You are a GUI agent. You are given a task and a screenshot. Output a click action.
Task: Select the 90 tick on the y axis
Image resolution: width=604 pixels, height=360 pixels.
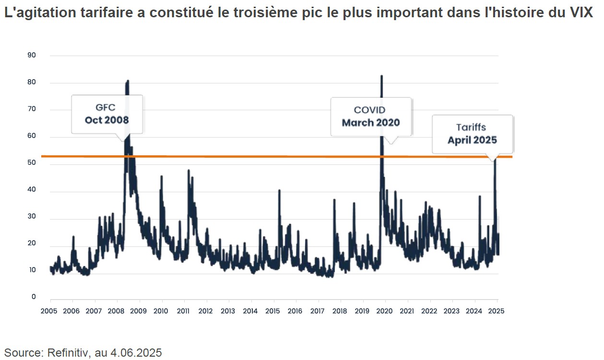(x=32, y=55)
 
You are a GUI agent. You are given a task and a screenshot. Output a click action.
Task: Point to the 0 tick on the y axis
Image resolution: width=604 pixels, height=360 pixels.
(x=34, y=297)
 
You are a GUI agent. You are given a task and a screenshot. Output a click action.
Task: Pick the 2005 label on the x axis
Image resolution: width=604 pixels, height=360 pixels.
(x=49, y=310)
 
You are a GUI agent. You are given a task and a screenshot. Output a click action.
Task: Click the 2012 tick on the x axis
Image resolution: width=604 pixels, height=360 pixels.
(x=206, y=310)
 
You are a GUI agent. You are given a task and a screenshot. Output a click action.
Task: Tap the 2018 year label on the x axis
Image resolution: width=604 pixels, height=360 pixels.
(x=340, y=310)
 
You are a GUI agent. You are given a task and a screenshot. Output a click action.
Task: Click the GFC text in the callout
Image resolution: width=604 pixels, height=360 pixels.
(x=106, y=107)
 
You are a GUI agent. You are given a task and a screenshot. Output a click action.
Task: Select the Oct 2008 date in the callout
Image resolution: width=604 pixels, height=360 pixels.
(x=107, y=120)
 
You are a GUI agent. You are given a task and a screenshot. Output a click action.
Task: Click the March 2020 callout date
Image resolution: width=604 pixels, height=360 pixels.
(x=370, y=123)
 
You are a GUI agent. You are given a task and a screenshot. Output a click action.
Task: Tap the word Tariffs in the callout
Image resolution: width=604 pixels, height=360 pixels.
(x=471, y=128)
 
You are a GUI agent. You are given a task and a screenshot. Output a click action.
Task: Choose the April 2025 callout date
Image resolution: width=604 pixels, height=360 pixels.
(x=472, y=140)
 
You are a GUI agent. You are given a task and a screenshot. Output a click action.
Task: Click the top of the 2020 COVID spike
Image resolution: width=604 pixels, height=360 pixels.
(x=381, y=76)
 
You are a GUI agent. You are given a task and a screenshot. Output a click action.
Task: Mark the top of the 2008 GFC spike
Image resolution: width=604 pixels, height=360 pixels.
(x=128, y=81)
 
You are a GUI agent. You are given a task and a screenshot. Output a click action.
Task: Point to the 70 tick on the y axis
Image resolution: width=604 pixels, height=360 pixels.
(x=32, y=110)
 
